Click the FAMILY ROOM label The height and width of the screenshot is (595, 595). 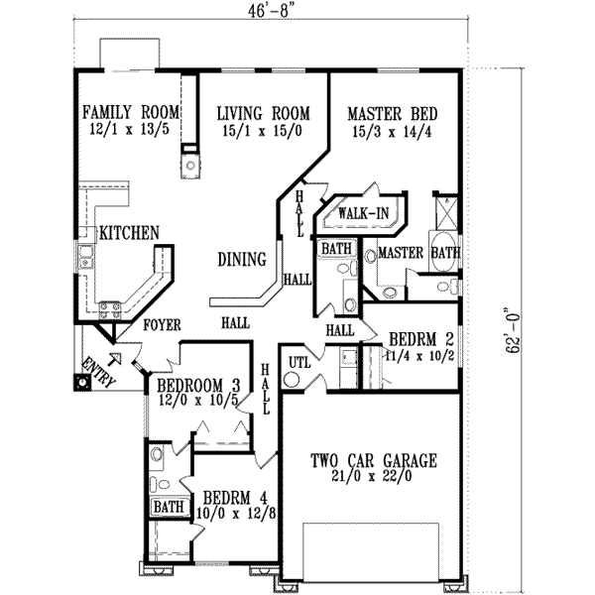pyautogui.click(x=132, y=111)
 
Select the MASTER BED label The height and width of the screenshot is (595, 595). pyautogui.click(x=394, y=113)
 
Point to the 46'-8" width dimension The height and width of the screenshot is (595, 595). pyautogui.click(x=270, y=14)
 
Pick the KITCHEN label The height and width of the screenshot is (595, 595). pyautogui.click(x=129, y=234)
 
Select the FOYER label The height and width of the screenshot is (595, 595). pyautogui.click(x=163, y=324)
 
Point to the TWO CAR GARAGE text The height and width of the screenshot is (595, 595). pyautogui.click(x=373, y=459)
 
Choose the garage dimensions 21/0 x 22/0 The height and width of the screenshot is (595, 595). pyautogui.click(x=373, y=477)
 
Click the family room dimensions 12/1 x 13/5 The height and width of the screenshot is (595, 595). pyautogui.click(x=132, y=130)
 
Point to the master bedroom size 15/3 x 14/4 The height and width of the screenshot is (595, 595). pyautogui.click(x=394, y=130)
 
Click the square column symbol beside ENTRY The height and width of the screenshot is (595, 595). pyautogui.click(x=79, y=380)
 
